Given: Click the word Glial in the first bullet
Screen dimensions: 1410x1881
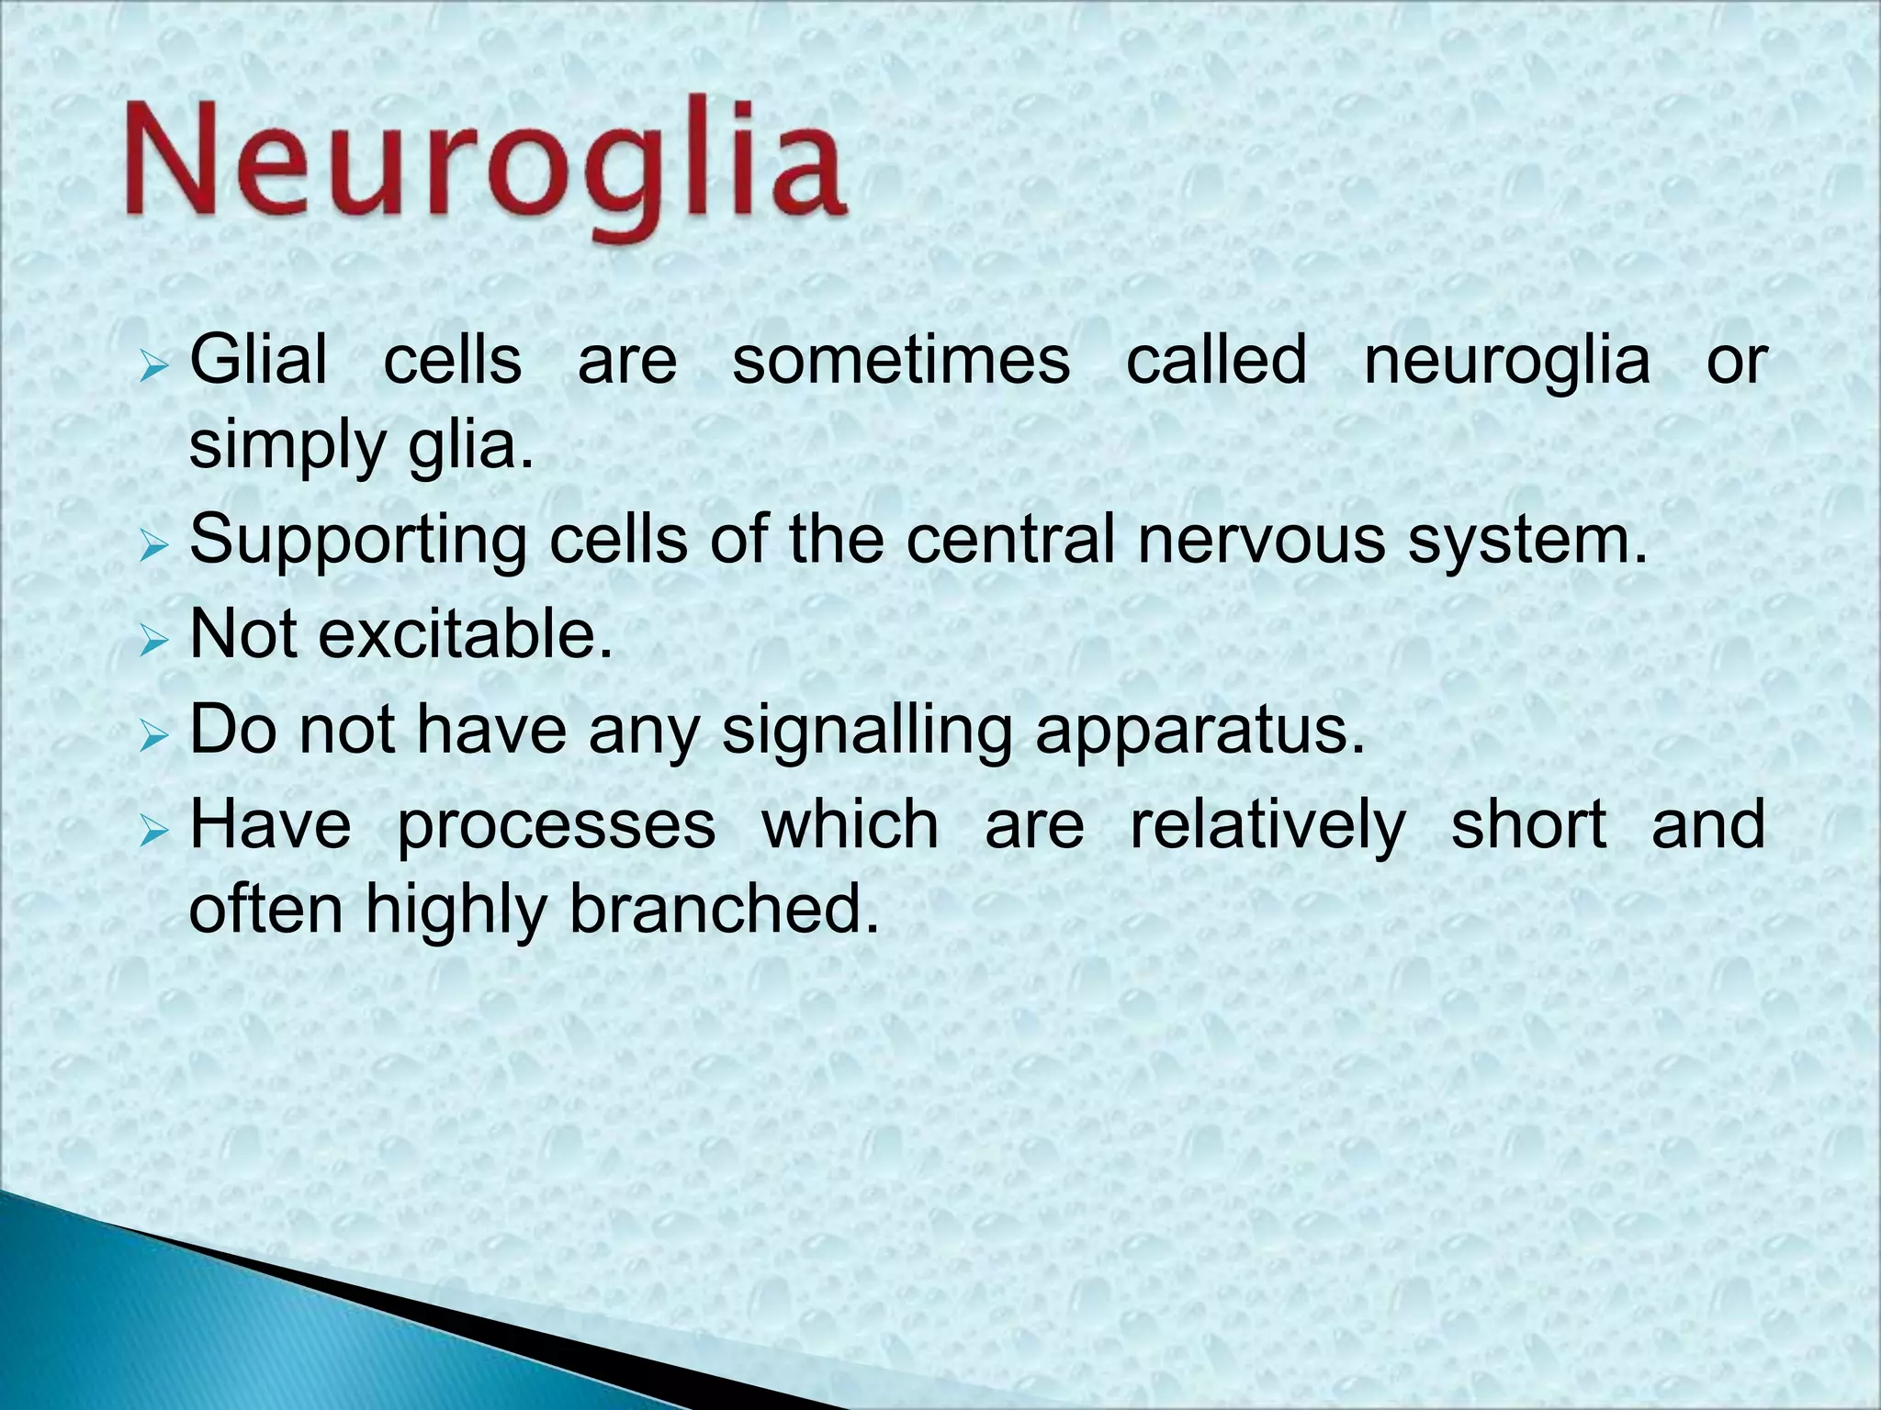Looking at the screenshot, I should click(x=258, y=360).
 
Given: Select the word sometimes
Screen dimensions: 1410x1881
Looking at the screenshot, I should click(x=901, y=360).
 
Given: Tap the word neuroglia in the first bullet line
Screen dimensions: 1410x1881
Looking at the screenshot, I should click(x=1506, y=360).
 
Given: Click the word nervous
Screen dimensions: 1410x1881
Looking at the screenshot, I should click(x=1261, y=540).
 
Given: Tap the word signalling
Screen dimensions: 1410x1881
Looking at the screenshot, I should click(x=866, y=732).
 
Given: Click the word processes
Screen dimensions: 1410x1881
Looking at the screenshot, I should click(x=556, y=825).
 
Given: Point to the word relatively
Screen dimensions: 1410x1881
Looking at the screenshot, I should click(x=1267, y=825).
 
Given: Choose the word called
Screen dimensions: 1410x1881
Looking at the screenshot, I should click(x=1216, y=360).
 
